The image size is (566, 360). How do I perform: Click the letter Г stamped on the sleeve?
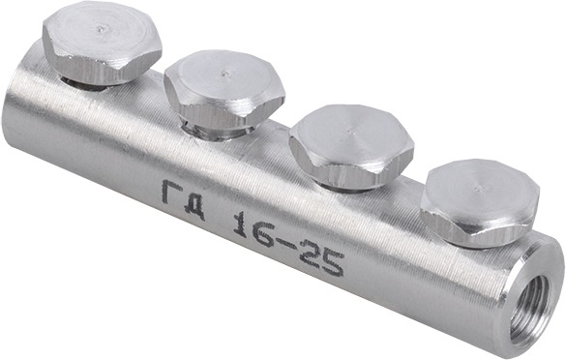(171, 193)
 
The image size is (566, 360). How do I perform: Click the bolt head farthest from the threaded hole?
(102, 45)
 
